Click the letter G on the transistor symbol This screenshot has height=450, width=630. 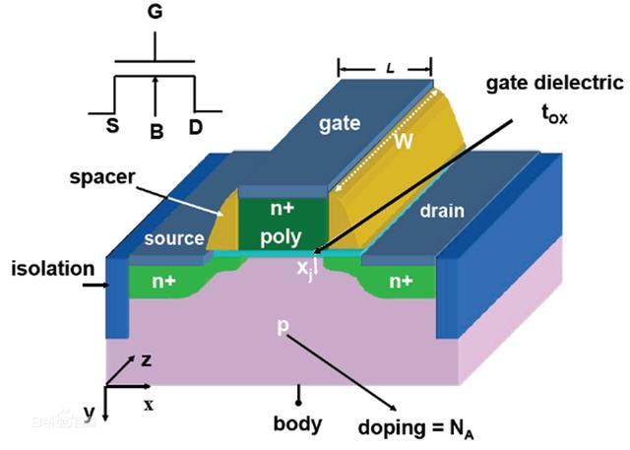click(x=155, y=15)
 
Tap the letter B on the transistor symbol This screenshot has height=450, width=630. click(x=155, y=129)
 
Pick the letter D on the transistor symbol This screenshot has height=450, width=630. click(x=198, y=128)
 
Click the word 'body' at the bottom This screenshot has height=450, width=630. click(x=297, y=424)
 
